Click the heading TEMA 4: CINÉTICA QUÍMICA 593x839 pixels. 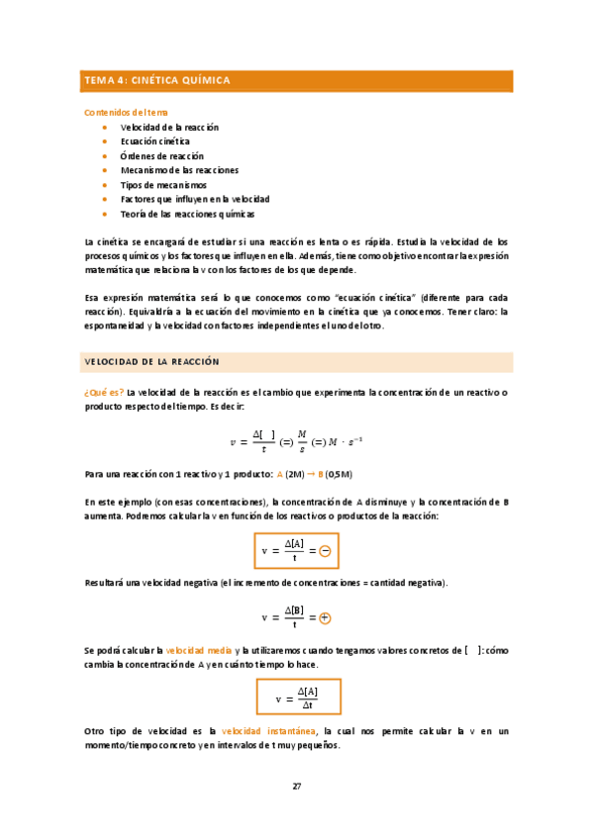click(158, 81)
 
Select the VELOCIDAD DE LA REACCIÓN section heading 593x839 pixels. click(152, 362)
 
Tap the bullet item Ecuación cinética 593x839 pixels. click(154, 141)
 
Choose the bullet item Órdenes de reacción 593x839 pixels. click(161, 156)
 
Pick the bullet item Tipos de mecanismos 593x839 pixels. click(163, 185)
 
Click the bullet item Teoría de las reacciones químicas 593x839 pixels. click(187, 214)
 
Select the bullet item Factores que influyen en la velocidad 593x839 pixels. click(194, 199)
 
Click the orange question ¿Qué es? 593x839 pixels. click(104, 393)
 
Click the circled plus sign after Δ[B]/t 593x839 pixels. click(325, 617)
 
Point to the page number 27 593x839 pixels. click(296, 787)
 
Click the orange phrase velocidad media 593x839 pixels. click(198, 650)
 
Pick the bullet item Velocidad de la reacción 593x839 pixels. click(169, 128)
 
